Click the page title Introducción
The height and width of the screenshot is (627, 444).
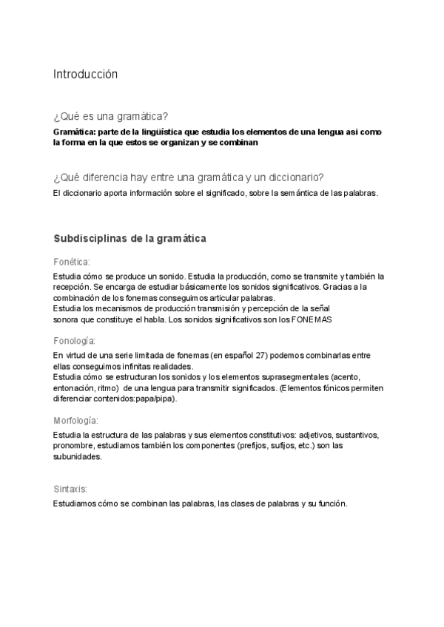click(85, 74)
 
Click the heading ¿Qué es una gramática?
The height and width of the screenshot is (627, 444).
click(110, 116)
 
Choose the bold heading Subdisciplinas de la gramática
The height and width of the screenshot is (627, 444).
click(129, 239)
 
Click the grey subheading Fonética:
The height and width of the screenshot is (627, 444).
click(72, 262)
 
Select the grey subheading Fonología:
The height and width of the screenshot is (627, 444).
click(74, 340)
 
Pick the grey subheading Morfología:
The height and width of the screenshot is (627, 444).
click(76, 420)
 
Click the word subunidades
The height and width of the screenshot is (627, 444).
click(77, 456)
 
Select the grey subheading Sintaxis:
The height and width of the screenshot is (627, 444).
click(70, 489)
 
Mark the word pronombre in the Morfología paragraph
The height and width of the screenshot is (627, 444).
click(75, 446)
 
